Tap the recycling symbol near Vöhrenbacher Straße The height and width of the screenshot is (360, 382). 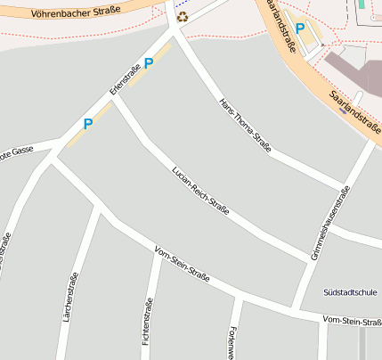pyautogui.click(x=183, y=16)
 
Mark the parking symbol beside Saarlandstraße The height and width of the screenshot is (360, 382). pyautogui.click(x=300, y=29)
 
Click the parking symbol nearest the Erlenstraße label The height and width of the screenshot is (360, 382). pyautogui.click(x=149, y=62)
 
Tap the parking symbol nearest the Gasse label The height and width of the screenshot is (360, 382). pyautogui.click(x=87, y=124)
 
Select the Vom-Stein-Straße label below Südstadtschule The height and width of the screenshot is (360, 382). pyautogui.click(x=352, y=321)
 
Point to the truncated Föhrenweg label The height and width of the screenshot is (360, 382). pyautogui.click(x=233, y=343)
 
